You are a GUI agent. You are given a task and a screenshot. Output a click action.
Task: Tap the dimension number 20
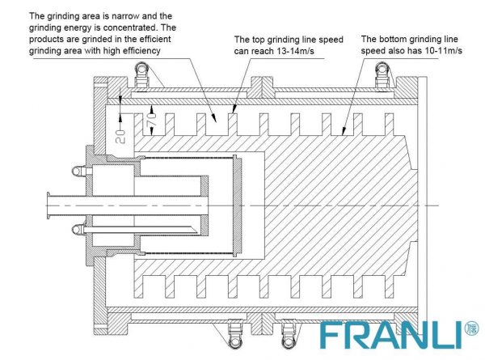click(120, 137)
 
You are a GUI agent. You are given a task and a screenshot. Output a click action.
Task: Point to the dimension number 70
click(151, 119)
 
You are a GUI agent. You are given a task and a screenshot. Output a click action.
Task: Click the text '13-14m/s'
click(295, 51)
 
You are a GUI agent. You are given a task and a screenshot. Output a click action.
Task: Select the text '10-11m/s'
click(444, 50)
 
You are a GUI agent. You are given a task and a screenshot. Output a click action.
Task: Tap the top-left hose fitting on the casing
click(142, 74)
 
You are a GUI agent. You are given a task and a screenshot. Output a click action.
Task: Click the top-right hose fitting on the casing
click(382, 74)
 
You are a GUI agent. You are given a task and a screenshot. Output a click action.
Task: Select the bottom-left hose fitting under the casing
click(235, 335)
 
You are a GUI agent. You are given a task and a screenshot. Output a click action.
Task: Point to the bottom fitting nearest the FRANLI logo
click(289, 335)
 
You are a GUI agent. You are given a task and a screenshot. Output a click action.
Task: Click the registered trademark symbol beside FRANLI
click(471, 328)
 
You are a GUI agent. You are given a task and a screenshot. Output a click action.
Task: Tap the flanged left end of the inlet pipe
click(48, 205)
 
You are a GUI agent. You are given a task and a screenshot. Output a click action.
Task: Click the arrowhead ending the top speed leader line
click(234, 109)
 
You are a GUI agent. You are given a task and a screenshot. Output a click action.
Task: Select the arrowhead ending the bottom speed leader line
click(343, 131)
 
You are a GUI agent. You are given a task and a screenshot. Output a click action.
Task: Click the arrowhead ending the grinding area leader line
click(213, 117)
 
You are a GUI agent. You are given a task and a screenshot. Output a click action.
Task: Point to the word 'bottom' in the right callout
click(394, 40)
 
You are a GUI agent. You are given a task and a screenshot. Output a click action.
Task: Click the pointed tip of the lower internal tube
click(196, 231)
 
